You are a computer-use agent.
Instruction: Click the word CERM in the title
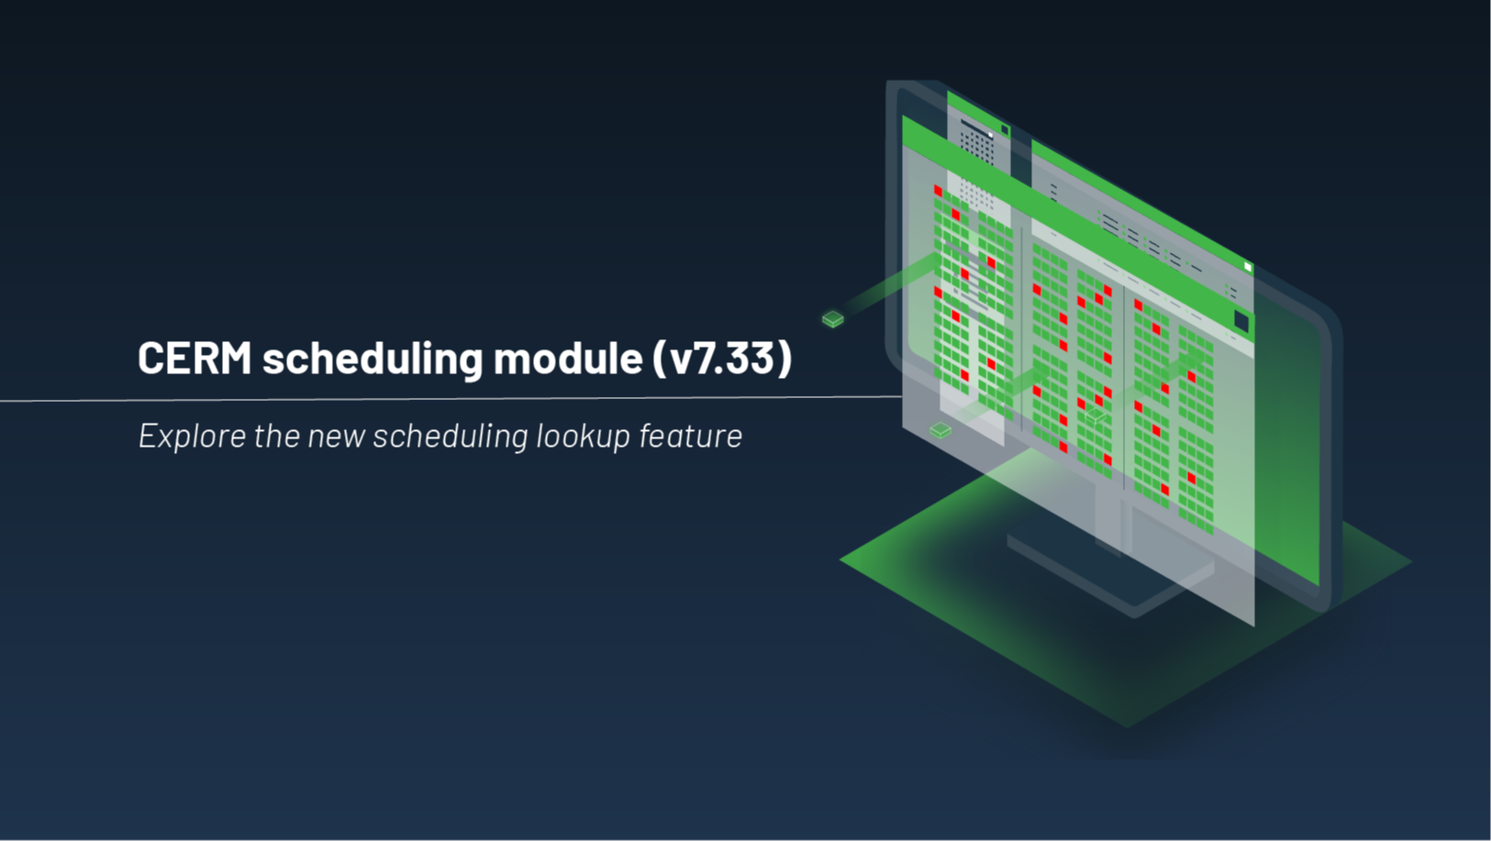point(195,358)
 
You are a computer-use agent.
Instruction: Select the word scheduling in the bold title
point(373,359)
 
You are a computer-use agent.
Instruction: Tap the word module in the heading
point(568,358)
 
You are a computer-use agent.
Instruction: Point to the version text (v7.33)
point(722,358)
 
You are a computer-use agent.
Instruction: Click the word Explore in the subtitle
point(193,436)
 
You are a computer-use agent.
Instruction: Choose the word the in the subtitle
point(277,436)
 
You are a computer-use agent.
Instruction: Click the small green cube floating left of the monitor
point(833,319)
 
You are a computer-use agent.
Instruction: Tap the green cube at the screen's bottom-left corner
point(940,429)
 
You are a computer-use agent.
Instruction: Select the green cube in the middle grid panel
point(1095,415)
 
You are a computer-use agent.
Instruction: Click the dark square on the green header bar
point(1241,321)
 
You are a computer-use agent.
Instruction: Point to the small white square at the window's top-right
point(1248,267)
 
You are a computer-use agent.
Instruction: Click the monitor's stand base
point(1110,573)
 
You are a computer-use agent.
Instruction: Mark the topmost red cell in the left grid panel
point(938,191)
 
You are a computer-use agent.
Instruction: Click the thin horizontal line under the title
point(451,399)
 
